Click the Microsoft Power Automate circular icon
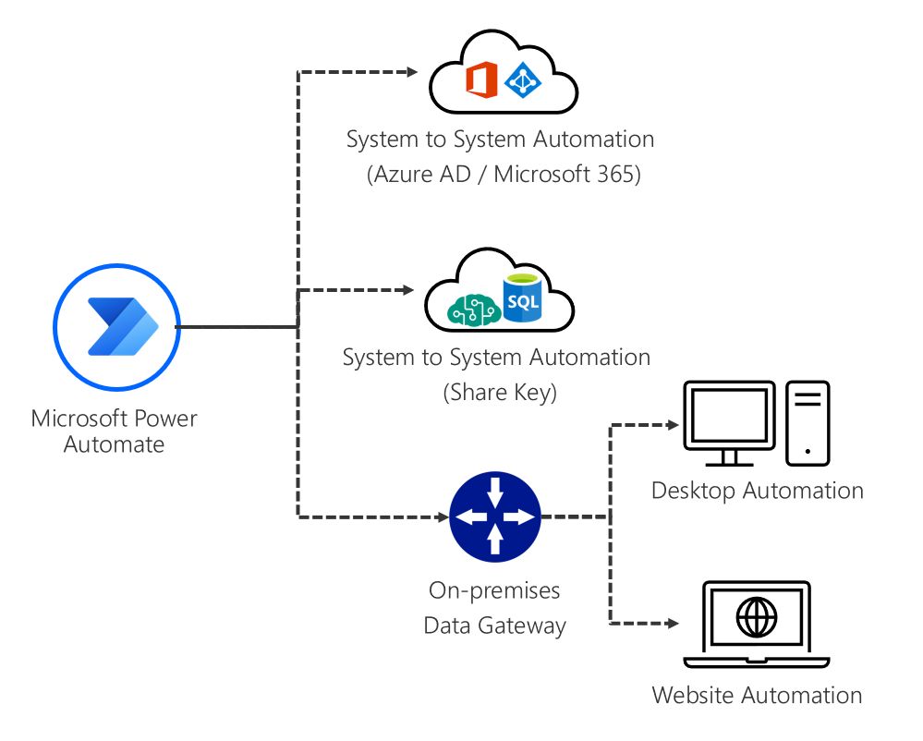point(116,327)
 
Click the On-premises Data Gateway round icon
point(494,517)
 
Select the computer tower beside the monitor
point(808,423)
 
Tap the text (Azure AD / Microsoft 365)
point(500,175)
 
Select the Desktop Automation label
point(757,490)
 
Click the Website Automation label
point(757,695)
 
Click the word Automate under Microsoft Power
point(114,443)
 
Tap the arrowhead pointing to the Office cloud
point(412,72)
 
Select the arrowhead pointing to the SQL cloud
point(407,290)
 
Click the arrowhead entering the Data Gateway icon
point(441,517)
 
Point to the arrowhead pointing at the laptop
point(673,624)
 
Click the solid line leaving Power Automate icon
point(236,327)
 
